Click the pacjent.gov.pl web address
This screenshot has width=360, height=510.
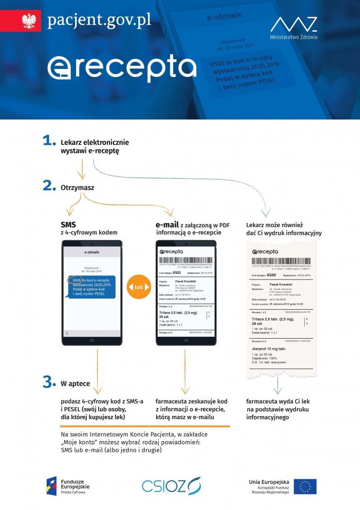[x=99, y=20]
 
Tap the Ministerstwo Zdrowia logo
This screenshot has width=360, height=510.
[x=293, y=28]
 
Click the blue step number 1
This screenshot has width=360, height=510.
[x=49, y=140]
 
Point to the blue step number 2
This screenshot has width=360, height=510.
[x=50, y=186]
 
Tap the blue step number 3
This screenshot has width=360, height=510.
[x=49, y=382]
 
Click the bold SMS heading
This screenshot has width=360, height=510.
[x=68, y=224]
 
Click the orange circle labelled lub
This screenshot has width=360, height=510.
[x=139, y=287]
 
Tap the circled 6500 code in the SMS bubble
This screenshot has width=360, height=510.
[x=77, y=280]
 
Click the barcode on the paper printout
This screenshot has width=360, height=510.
[x=281, y=262]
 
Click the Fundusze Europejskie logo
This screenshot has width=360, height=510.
[x=67, y=486]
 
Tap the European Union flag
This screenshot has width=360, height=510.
[x=305, y=486]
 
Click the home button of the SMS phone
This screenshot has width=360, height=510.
[x=92, y=340]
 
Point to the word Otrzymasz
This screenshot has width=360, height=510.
[x=77, y=187]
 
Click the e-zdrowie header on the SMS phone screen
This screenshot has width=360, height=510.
[x=92, y=253]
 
